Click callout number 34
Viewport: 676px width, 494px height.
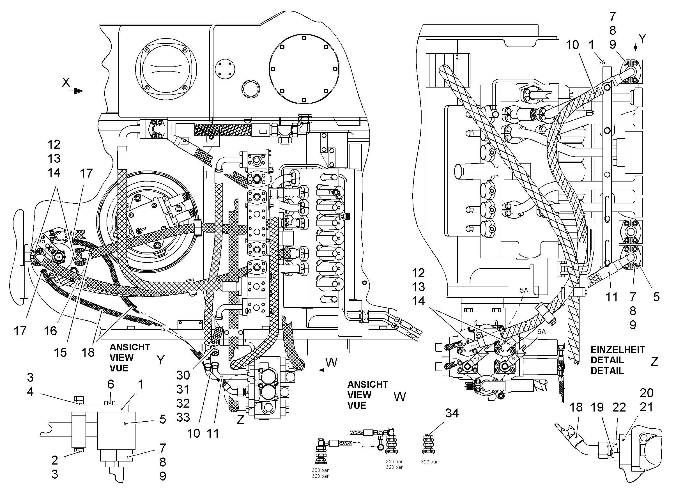(x=452, y=413)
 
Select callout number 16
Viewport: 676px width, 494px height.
(x=50, y=331)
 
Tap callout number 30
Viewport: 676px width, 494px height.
(x=183, y=375)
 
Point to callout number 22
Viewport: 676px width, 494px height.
(x=619, y=407)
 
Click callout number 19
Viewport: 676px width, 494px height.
(x=597, y=407)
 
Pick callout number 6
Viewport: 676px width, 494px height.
(x=111, y=384)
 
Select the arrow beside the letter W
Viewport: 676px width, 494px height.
(x=323, y=370)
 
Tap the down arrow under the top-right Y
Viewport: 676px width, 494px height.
(x=636, y=47)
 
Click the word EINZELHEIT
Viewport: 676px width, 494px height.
(x=618, y=350)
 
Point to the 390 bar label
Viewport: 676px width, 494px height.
(x=429, y=462)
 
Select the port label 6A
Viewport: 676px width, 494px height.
(x=542, y=332)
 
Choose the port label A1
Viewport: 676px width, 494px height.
(x=476, y=359)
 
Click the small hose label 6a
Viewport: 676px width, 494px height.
(x=164, y=330)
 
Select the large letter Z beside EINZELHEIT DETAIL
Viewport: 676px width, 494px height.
(x=654, y=362)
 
